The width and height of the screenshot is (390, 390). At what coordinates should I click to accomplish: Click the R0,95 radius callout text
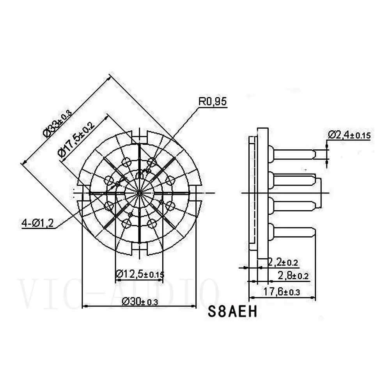pyautogui.click(x=212, y=102)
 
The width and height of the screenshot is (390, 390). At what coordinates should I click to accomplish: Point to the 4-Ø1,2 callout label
pyautogui.click(x=38, y=223)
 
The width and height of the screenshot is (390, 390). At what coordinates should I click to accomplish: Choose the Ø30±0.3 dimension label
pyautogui.click(x=140, y=301)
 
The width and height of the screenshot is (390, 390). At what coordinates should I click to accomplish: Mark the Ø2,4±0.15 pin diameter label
pyautogui.click(x=349, y=135)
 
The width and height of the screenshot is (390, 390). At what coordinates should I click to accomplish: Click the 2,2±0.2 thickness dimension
pyautogui.click(x=282, y=262)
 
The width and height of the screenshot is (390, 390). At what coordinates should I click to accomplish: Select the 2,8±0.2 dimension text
pyautogui.click(x=292, y=276)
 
